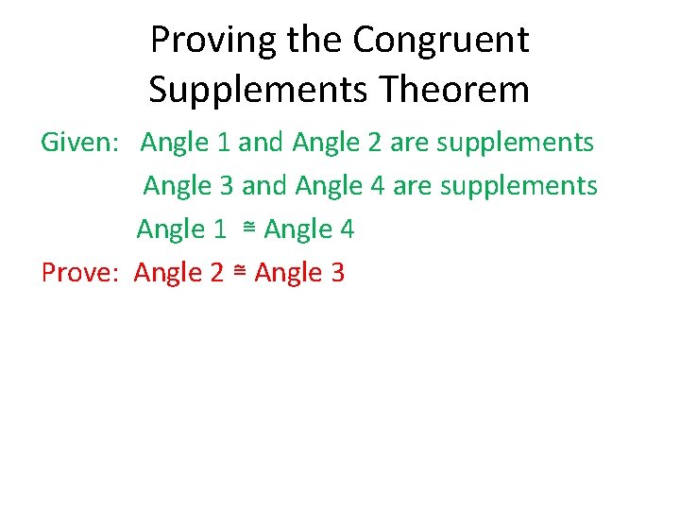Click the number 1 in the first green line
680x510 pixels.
click(x=223, y=144)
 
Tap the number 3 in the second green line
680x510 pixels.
click(x=226, y=187)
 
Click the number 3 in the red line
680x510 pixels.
click(x=337, y=274)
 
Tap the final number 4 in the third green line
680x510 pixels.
click(x=347, y=229)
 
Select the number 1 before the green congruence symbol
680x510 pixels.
click(x=219, y=229)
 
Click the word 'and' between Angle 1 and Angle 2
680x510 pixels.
click(x=262, y=144)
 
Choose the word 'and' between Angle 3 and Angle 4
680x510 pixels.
click(x=264, y=187)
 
